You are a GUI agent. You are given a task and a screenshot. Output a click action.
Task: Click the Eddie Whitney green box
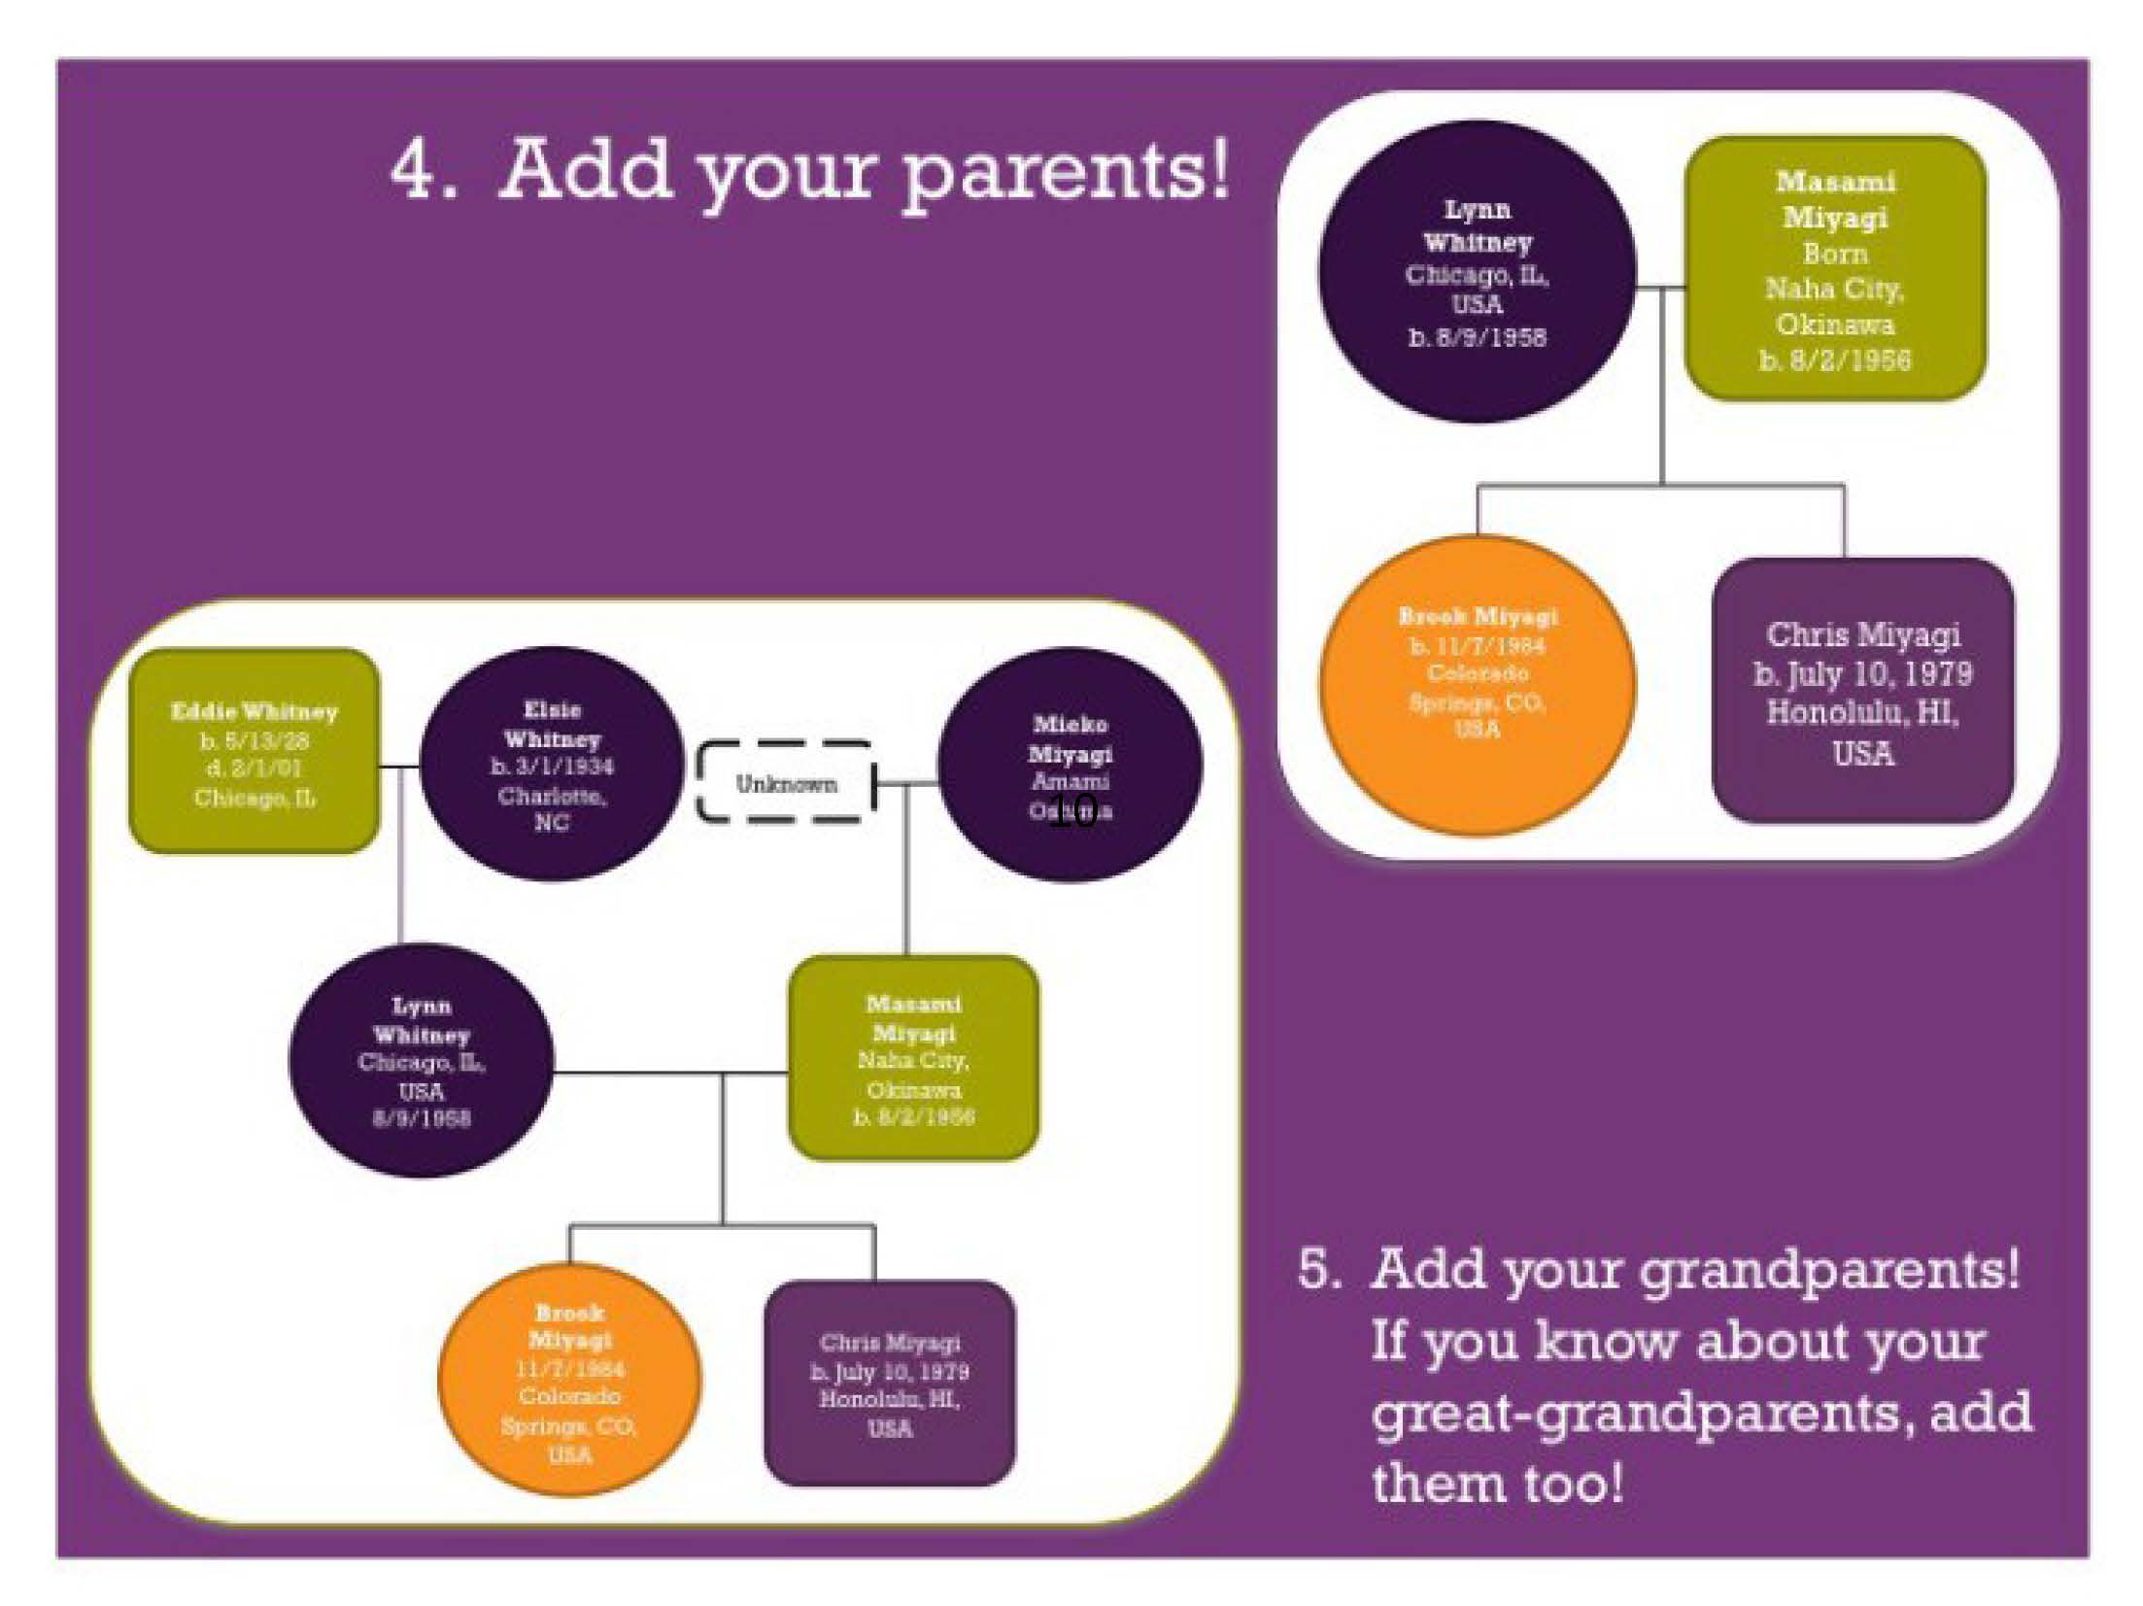254,751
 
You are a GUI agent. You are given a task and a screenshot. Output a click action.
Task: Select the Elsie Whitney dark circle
552,764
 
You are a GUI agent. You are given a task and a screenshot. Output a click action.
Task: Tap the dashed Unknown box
786,783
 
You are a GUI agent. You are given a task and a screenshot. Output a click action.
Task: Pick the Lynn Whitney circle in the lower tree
421,1060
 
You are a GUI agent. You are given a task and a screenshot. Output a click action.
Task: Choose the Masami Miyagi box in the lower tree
913,1058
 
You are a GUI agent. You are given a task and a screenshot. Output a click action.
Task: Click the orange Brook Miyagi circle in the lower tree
569,1381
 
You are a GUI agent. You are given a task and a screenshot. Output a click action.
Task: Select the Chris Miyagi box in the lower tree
890,1384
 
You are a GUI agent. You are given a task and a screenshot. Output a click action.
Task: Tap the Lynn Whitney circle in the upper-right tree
1477,272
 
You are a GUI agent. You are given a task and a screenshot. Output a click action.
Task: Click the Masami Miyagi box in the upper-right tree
1835,269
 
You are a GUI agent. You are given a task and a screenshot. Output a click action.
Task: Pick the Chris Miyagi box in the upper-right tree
1863,692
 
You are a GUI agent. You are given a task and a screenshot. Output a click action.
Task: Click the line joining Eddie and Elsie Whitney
398,767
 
